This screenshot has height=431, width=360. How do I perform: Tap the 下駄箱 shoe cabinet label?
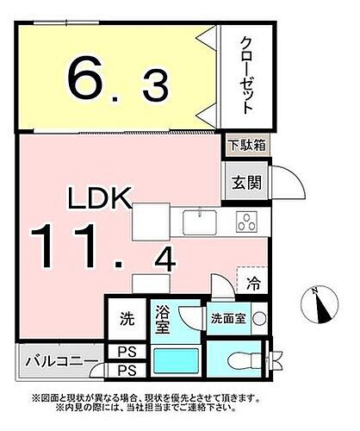tap(246, 147)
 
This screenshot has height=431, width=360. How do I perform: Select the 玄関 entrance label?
tap(242, 184)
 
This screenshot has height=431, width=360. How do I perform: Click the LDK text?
tap(100, 199)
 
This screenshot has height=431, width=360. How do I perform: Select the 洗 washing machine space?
tap(126, 318)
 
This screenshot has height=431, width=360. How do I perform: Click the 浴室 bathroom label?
tap(164, 321)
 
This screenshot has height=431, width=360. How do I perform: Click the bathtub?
tap(176, 362)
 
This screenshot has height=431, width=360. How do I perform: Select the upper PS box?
tap(126, 353)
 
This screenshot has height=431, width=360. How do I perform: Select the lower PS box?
tap(126, 371)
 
